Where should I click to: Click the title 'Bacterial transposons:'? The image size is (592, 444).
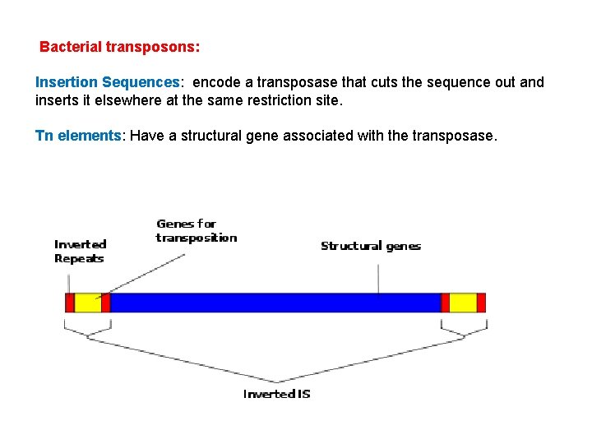(119, 47)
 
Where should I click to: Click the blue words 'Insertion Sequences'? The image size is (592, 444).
(107, 82)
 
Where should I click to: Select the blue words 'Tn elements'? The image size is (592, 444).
(78, 136)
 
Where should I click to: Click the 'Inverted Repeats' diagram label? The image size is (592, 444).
(80, 251)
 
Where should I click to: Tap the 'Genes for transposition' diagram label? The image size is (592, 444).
(197, 230)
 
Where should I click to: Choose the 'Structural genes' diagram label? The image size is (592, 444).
(370, 246)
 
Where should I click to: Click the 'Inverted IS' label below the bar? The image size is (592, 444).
(277, 394)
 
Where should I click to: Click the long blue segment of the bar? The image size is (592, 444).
(275, 303)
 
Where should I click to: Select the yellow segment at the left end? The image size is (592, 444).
(87, 303)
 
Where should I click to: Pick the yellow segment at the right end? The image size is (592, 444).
(462, 303)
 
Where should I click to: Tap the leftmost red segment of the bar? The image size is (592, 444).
(70, 303)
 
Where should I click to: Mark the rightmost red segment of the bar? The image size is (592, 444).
(481, 303)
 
